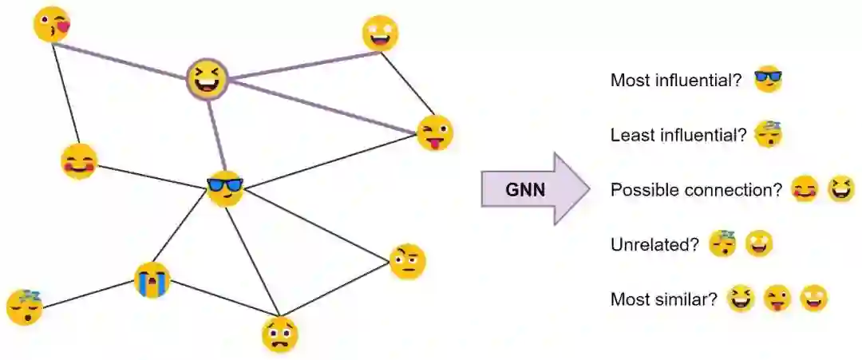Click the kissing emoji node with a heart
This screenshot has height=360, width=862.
click(x=52, y=25)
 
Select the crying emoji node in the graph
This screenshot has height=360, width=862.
click(x=152, y=280)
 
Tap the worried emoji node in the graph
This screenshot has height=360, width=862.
click(x=279, y=334)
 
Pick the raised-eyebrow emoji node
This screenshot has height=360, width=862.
click(x=407, y=262)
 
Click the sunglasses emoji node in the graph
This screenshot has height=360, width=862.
click(x=224, y=188)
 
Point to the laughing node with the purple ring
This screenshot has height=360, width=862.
click(x=208, y=79)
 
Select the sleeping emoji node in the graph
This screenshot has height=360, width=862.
click(x=25, y=307)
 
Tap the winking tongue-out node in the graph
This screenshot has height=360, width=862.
click(x=435, y=133)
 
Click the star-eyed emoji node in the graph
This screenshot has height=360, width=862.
click(x=380, y=34)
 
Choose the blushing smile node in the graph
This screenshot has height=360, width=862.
click(x=79, y=162)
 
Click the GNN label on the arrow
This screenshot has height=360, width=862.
click(x=526, y=190)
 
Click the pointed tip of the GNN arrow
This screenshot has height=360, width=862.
click(x=589, y=190)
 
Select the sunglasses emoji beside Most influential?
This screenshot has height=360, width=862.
click(x=768, y=80)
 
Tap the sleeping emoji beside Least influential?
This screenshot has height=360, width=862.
click(x=768, y=134)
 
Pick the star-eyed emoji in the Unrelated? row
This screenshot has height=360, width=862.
click(x=759, y=243)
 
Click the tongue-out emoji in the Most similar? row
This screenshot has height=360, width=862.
click(x=777, y=299)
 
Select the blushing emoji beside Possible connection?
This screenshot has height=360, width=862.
click(x=805, y=190)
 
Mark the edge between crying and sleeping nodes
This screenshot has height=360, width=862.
click(x=88, y=294)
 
